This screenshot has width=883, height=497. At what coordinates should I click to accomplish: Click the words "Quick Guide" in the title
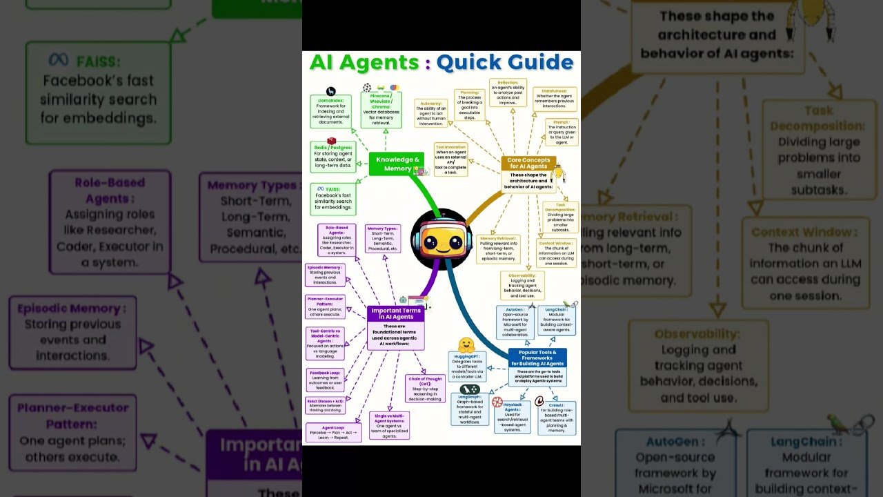[x=504, y=63]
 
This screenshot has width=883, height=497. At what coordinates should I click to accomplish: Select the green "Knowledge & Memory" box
[x=397, y=164]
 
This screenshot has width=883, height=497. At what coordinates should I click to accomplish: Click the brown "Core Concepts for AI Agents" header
[x=528, y=164]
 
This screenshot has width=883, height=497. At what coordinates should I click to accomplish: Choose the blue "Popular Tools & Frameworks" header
[x=537, y=358]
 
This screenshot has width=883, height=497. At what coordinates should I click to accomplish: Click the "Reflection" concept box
[x=508, y=92]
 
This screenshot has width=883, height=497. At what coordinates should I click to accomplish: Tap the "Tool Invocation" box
[x=451, y=159]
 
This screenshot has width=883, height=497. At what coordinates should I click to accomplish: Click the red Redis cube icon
[x=332, y=141]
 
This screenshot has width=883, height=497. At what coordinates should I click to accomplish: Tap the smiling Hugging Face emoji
[x=466, y=344]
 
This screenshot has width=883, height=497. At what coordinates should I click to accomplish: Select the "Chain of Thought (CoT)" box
[x=425, y=389]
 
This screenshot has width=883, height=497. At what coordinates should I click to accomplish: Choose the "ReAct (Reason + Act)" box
[x=325, y=405]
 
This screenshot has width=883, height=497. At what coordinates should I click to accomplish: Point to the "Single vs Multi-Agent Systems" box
[x=391, y=425]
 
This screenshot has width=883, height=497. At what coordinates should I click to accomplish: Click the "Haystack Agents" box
[x=512, y=417]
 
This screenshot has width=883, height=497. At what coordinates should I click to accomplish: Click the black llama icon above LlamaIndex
[x=331, y=91]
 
